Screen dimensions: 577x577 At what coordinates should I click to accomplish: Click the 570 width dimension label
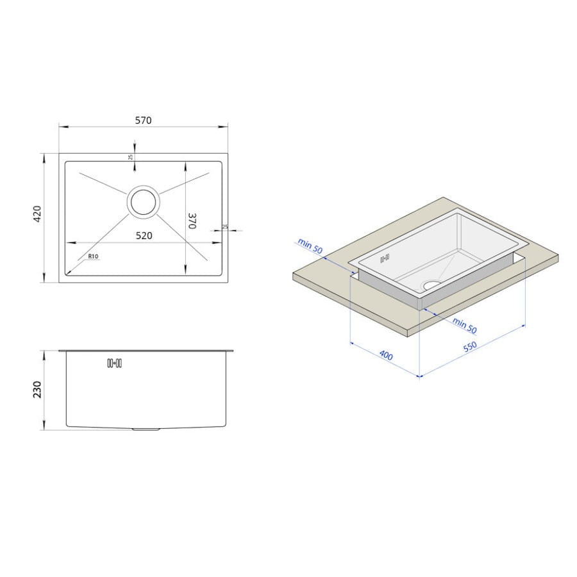pyautogui.click(x=143, y=121)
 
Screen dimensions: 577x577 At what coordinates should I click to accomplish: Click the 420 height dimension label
pyautogui.click(x=38, y=213)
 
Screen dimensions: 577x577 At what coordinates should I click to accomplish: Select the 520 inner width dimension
pyautogui.click(x=144, y=235)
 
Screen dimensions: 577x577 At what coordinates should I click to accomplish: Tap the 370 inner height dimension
pyautogui.click(x=192, y=221)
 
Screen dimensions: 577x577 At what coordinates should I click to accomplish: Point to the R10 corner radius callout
pyautogui.click(x=93, y=256)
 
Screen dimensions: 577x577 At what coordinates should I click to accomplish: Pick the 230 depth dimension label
pyautogui.click(x=38, y=389)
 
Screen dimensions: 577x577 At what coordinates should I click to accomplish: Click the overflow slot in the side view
pyautogui.click(x=115, y=364)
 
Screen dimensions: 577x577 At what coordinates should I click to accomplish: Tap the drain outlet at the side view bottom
pyautogui.click(x=146, y=429)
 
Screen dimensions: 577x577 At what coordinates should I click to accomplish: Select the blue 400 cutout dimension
pyautogui.click(x=386, y=355)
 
